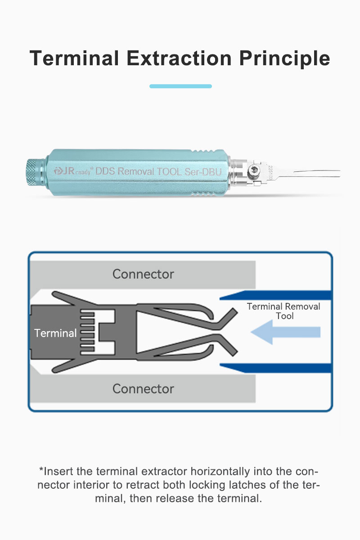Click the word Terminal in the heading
(x=74, y=58)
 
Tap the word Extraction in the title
(x=179, y=58)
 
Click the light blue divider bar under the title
(x=180, y=86)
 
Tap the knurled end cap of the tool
(x=35, y=172)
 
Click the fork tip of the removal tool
(x=317, y=173)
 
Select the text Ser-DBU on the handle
(x=203, y=171)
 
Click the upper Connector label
(x=143, y=274)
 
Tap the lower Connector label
(x=143, y=389)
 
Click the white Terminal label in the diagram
(x=55, y=333)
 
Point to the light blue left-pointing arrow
(x=286, y=332)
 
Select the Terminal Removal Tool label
(x=283, y=311)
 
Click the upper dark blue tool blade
(x=275, y=295)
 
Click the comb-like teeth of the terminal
(x=87, y=333)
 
